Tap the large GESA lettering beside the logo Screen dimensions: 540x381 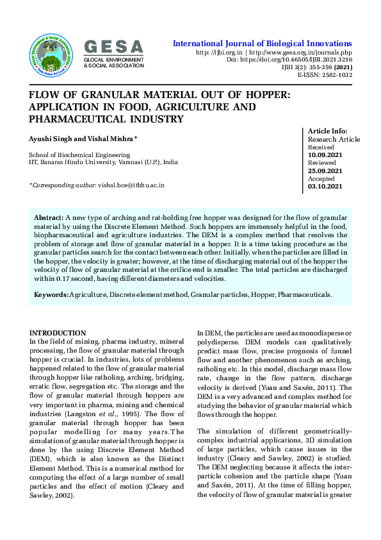[114, 46]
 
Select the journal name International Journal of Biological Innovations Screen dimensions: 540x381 [263, 43]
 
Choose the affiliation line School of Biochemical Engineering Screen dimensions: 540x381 [79, 155]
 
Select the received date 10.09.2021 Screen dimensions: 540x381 [325, 155]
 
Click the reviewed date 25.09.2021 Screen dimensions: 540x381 [325, 171]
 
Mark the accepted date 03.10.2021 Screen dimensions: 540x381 [325, 187]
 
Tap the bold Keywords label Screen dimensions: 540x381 [51, 294]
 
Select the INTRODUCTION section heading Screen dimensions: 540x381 [58, 333]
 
